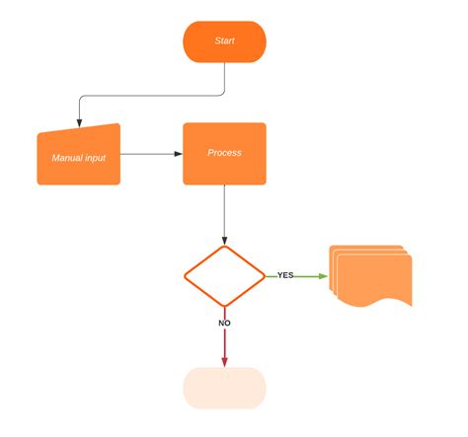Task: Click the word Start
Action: pos(225,41)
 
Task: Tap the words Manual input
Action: pos(78,158)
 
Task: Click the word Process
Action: pos(224,153)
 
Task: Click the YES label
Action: pos(285,275)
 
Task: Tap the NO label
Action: pos(224,323)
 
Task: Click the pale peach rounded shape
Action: pos(224,388)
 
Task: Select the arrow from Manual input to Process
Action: pos(148,154)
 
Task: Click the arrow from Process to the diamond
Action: pos(224,212)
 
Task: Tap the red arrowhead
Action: pos(224,362)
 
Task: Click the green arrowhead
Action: pos(324,276)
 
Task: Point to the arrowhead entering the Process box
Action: pos(178,154)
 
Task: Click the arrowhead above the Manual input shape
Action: pos(78,118)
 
